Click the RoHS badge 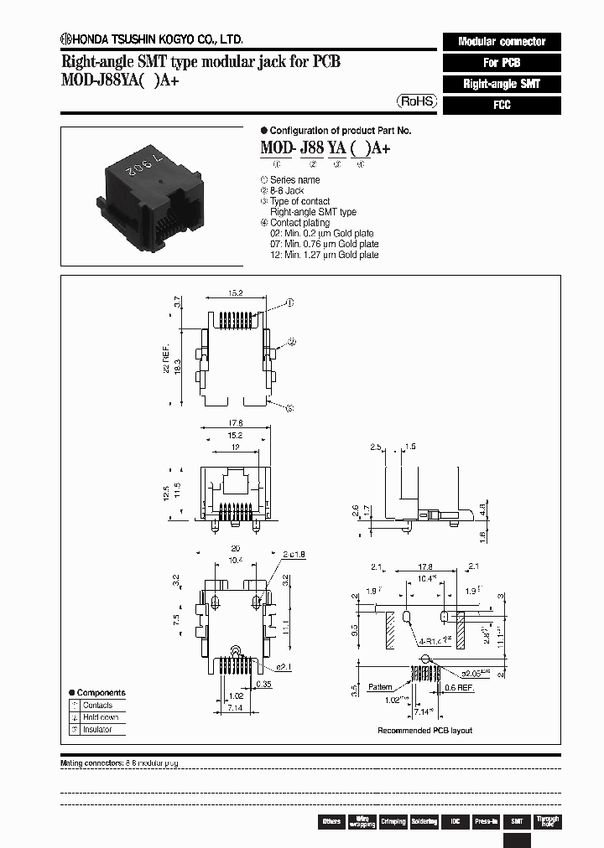416,101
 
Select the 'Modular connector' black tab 501,41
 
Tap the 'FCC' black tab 501,106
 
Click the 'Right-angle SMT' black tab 501,84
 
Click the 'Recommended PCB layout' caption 424,731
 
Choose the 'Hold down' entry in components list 101,717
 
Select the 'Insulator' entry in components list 97,730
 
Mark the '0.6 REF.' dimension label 461,689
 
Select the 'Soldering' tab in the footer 424,821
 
